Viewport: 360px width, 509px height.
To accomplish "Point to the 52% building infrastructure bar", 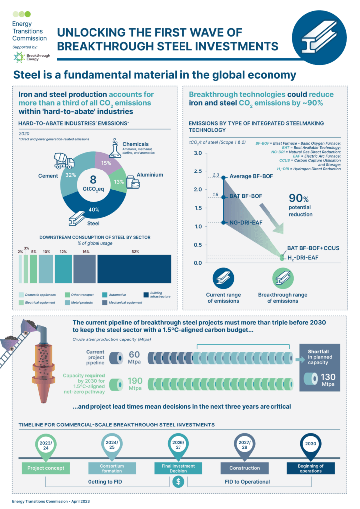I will (134, 269).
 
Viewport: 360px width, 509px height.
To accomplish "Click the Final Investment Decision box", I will (178, 468).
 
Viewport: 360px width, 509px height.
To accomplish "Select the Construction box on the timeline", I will (244, 468).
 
